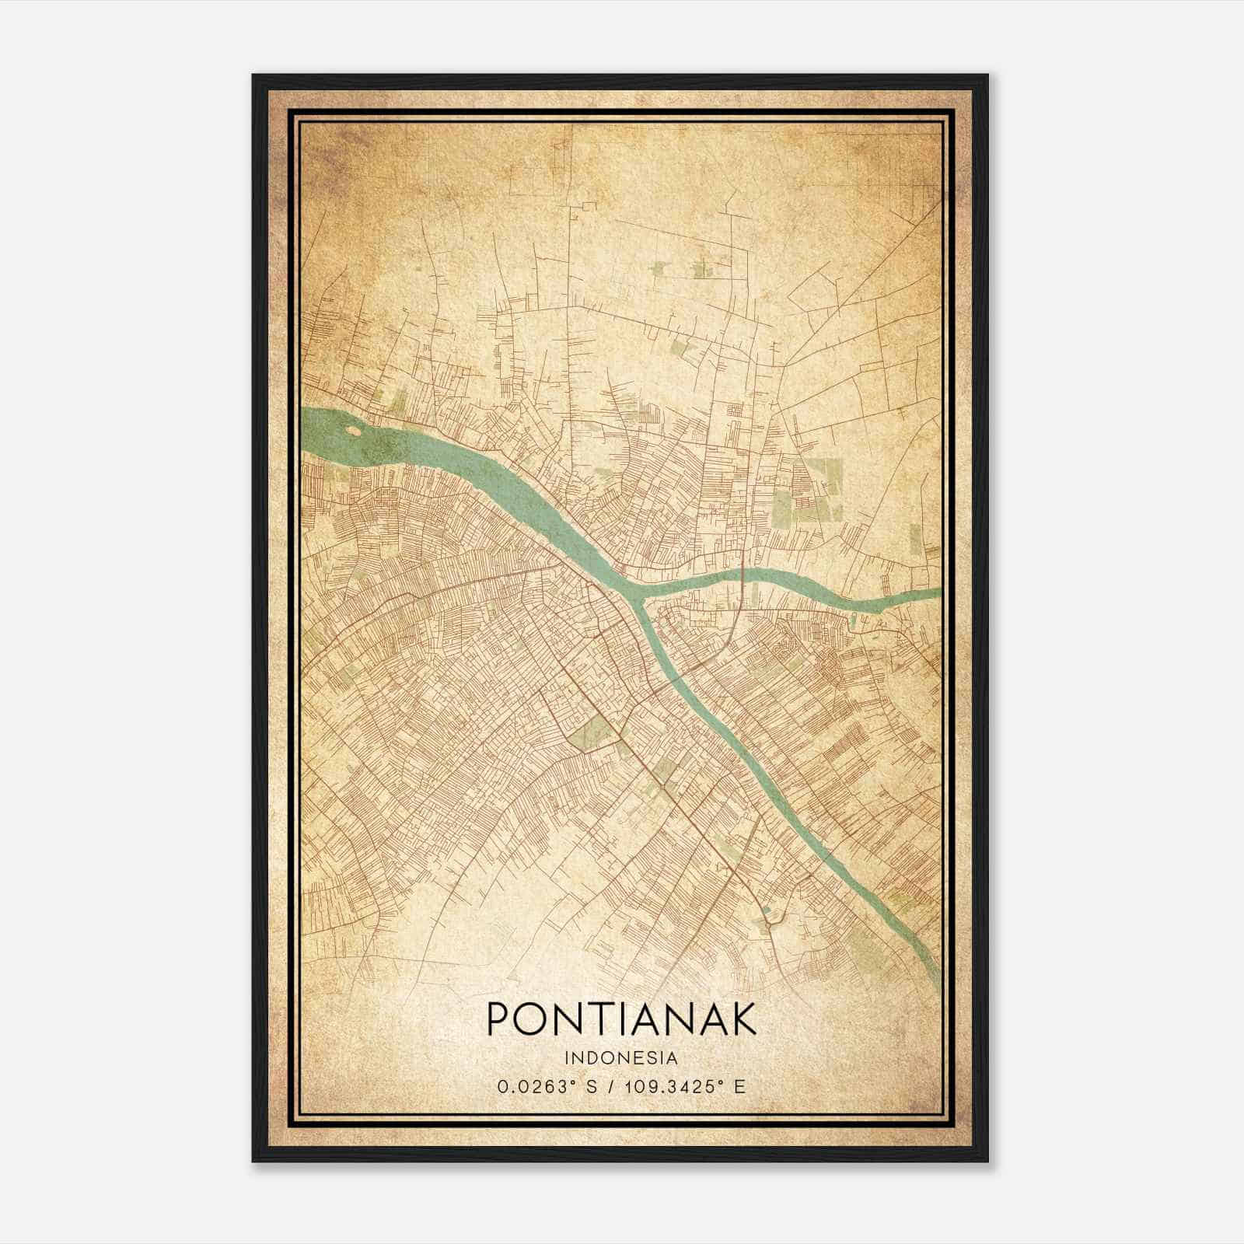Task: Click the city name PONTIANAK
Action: pos(621,1019)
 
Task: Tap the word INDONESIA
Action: pos(621,1058)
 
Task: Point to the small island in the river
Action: pos(352,429)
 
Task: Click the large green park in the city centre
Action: pos(592,731)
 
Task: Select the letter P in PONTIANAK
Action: pos(498,1019)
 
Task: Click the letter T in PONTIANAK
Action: pos(589,1019)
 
